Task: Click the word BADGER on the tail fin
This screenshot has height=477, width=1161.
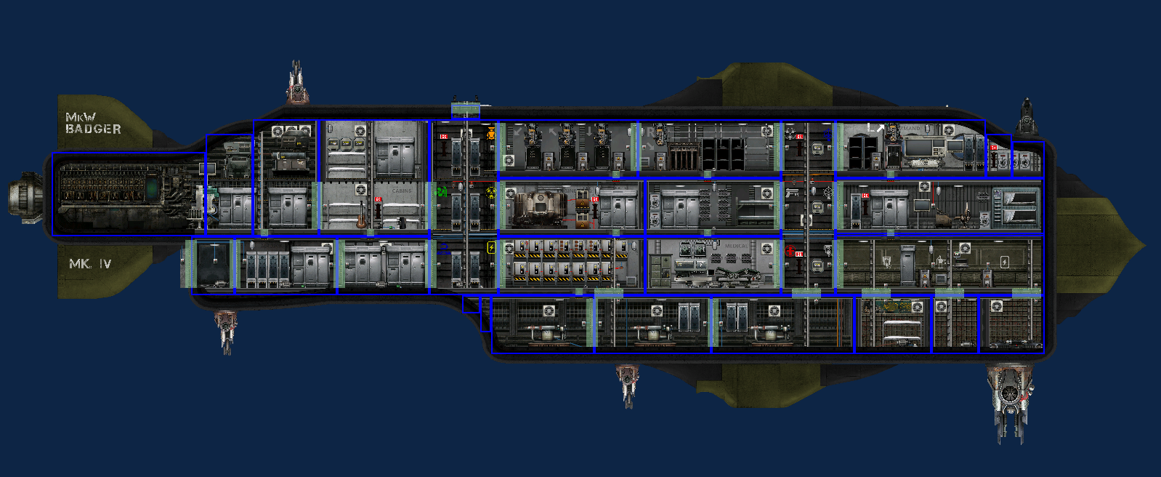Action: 93,129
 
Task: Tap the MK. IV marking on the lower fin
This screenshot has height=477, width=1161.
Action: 89,264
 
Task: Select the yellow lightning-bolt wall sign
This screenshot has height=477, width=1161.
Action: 491,248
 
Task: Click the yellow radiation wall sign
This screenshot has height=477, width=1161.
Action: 491,193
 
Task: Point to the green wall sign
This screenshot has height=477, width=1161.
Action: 441,192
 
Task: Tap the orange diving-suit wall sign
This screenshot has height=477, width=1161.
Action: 491,134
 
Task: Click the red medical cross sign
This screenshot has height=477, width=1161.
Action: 790,252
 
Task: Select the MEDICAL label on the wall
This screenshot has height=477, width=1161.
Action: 735,246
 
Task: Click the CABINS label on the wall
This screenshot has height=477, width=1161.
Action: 402,191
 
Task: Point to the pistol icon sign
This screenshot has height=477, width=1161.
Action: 792,193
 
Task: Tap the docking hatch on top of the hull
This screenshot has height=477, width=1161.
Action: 466,110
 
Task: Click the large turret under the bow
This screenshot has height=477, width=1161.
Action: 1010,396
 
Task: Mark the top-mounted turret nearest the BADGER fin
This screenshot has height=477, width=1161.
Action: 296,84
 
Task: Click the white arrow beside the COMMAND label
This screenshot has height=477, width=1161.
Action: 881,128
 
